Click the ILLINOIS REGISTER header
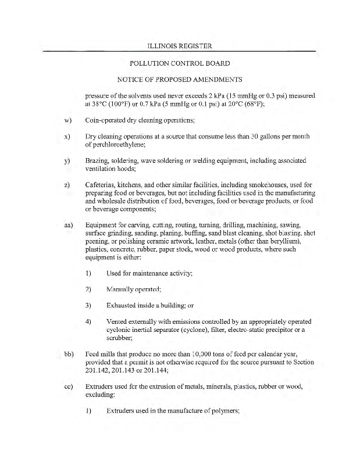point(180,45)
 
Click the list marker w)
point(67,121)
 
